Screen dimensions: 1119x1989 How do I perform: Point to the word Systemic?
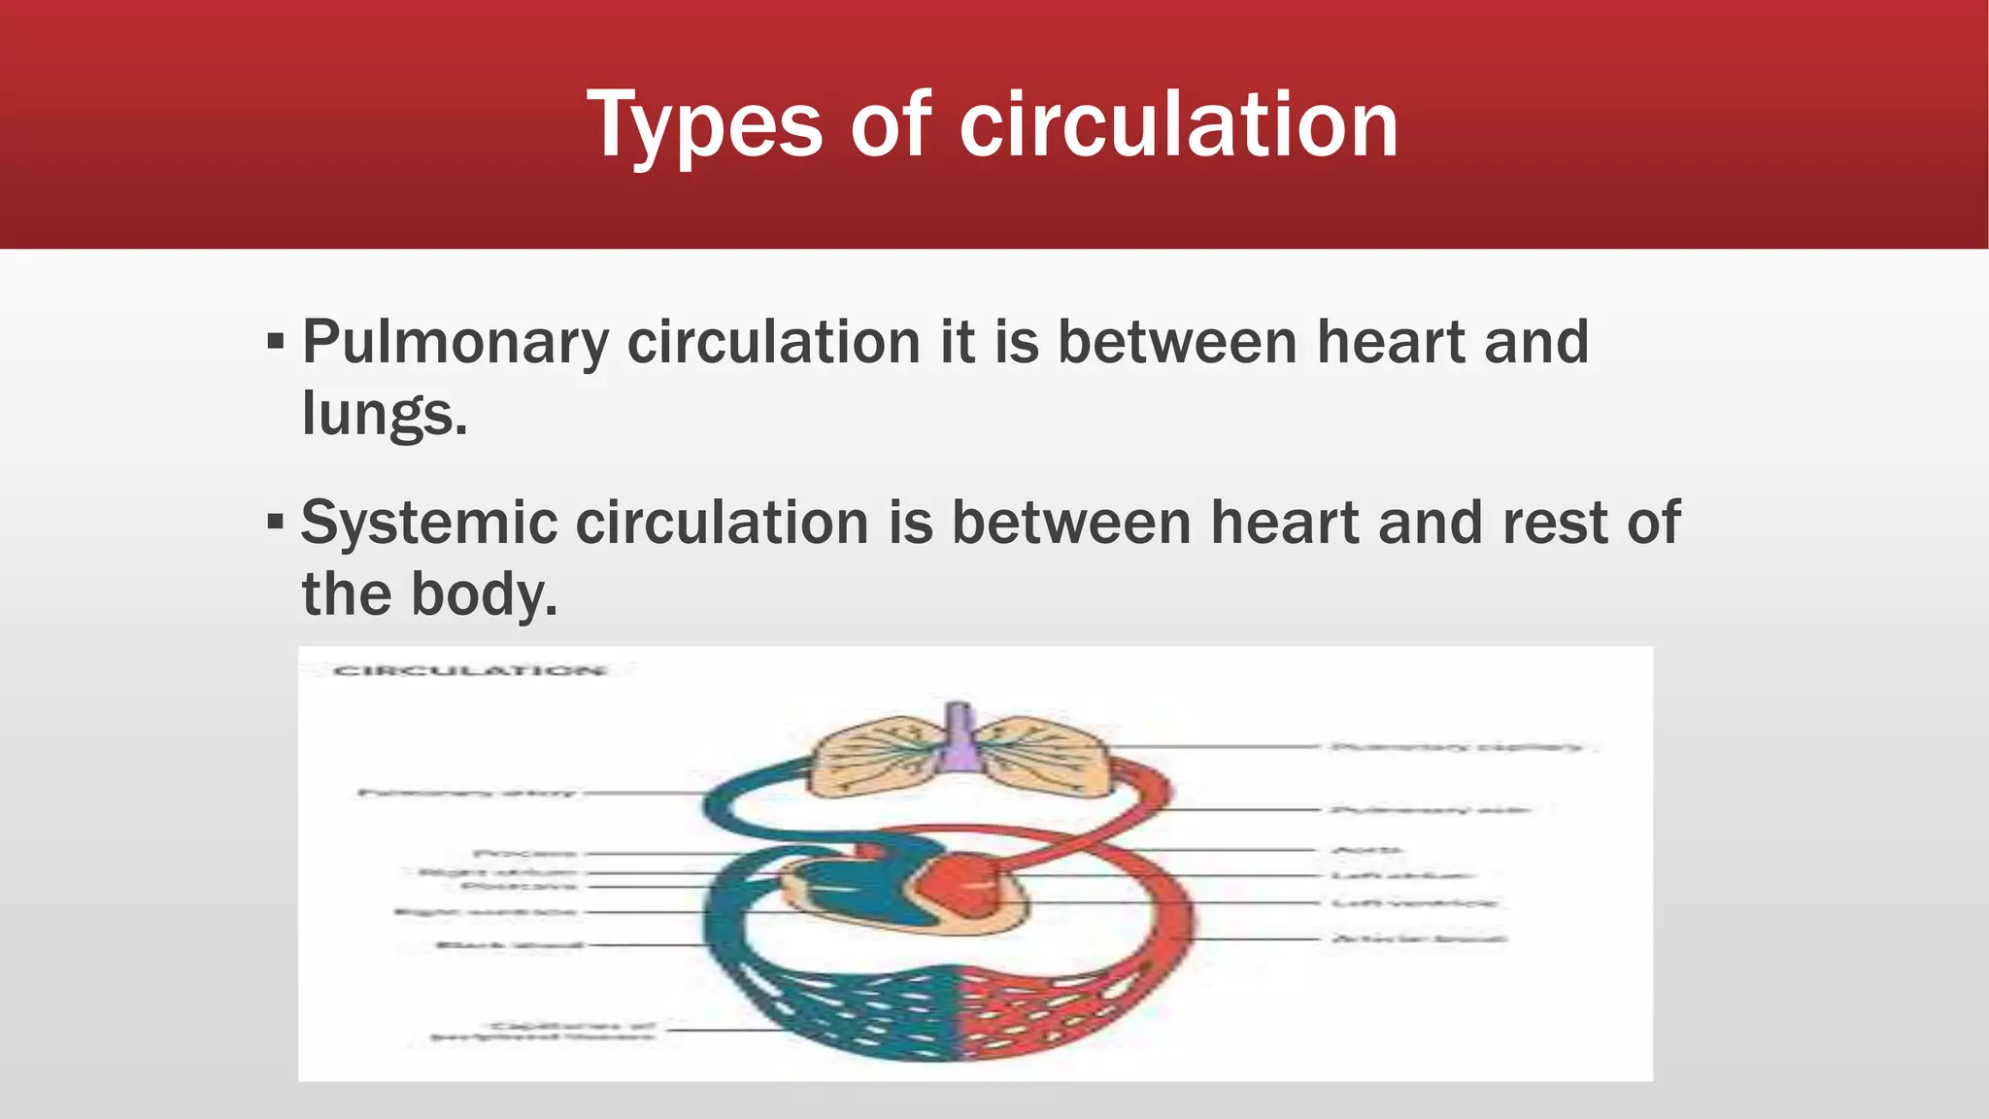tap(428, 524)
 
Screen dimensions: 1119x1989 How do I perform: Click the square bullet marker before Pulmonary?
tap(276, 343)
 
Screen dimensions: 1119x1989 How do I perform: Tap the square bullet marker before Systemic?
tap(276, 524)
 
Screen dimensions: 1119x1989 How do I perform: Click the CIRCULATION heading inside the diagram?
tap(470, 670)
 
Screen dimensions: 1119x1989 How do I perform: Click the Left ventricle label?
tap(1414, 903)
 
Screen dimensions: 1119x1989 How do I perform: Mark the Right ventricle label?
tap(485, 912)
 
